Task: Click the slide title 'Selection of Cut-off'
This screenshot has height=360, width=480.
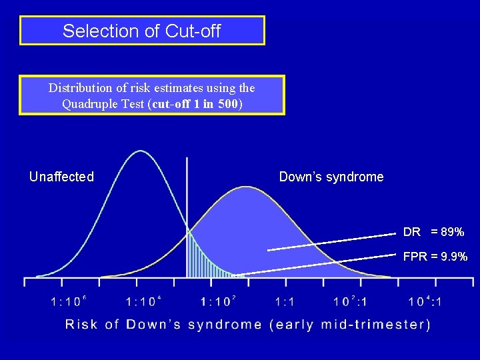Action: click(141, 31)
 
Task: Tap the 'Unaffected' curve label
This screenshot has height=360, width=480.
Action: click(61, 177)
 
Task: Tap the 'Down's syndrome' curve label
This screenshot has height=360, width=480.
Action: click(331, 177)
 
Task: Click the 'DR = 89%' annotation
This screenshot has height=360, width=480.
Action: click(433, 232)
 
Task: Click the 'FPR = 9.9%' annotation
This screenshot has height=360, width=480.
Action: click(435, 257)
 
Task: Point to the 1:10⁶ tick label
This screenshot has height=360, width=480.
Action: click(68, 301)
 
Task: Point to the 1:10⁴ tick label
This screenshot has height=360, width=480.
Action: click(143, 301)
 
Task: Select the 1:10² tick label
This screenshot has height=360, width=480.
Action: click(217, 301)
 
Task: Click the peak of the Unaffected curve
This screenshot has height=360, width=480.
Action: click(140, 151)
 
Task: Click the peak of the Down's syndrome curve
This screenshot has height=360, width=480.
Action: click(246, 187)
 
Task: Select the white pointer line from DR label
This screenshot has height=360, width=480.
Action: click(333, 242)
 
